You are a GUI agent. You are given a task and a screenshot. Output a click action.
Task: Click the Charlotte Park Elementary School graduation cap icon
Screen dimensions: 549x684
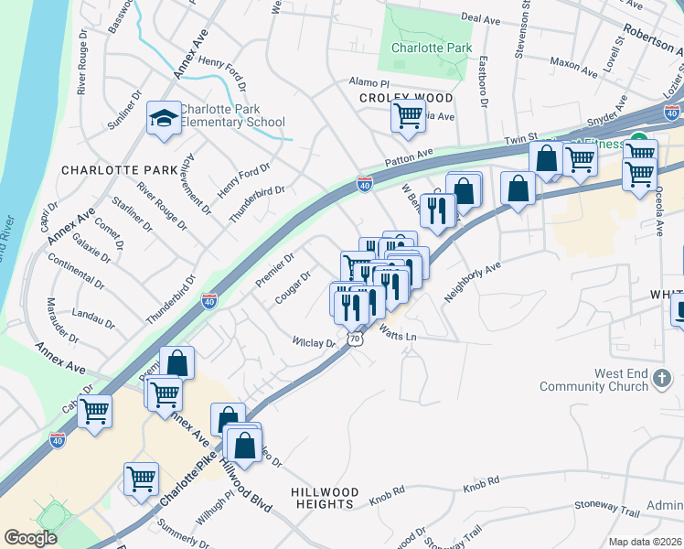(x=165, y=118)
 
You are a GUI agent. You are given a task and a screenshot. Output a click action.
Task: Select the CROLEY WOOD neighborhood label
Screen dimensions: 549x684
(x=405, y=97)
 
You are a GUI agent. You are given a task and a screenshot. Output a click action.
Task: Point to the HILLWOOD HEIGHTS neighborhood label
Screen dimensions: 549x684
(x=324, y=498)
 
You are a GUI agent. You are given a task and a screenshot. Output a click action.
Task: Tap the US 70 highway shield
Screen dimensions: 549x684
(x=356, y=339)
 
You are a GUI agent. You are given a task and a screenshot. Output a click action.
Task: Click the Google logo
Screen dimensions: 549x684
(x=30, y=538)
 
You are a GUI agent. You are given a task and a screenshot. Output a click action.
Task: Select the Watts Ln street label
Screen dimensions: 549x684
(x=398, y=336)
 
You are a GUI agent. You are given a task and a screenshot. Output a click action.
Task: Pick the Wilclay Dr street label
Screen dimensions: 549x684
(x=313, y=342)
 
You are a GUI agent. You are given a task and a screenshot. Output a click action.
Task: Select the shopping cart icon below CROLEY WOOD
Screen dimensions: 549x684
(x=408, y=116)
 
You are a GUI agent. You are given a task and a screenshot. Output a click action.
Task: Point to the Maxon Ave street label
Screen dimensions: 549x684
(x=573, y=63)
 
